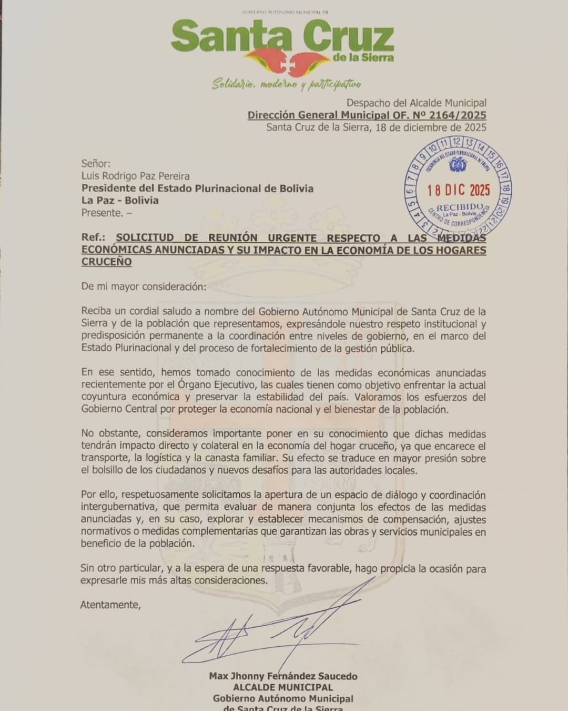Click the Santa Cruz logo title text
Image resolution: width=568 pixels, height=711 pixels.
pos(282,37)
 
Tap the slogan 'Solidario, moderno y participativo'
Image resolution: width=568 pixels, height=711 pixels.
pos(286,84)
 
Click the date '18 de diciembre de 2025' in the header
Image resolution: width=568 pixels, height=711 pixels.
pos(431,127)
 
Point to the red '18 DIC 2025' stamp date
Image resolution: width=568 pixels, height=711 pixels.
pos(458,190)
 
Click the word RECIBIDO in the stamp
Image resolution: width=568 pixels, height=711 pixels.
pos(459,208)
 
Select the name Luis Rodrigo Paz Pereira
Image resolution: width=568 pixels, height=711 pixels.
pos(135,176)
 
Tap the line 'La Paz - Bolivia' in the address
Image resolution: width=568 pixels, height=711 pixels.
pos(120,200)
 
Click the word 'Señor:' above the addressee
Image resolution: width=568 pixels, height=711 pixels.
pos(96,164)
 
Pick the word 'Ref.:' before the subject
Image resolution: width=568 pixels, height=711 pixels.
pos(93,238)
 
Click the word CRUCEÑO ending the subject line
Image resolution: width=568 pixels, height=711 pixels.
pos(106,262)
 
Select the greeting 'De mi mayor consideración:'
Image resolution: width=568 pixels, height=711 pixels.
pos(144,287)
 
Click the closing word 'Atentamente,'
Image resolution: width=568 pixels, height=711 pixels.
pos(110,605)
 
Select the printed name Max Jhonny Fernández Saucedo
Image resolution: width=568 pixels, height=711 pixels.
pos(283,676)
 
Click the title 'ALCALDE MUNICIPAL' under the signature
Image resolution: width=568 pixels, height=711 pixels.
pos(283,687)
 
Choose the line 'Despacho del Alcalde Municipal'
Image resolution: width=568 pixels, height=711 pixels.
pos(416,103)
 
